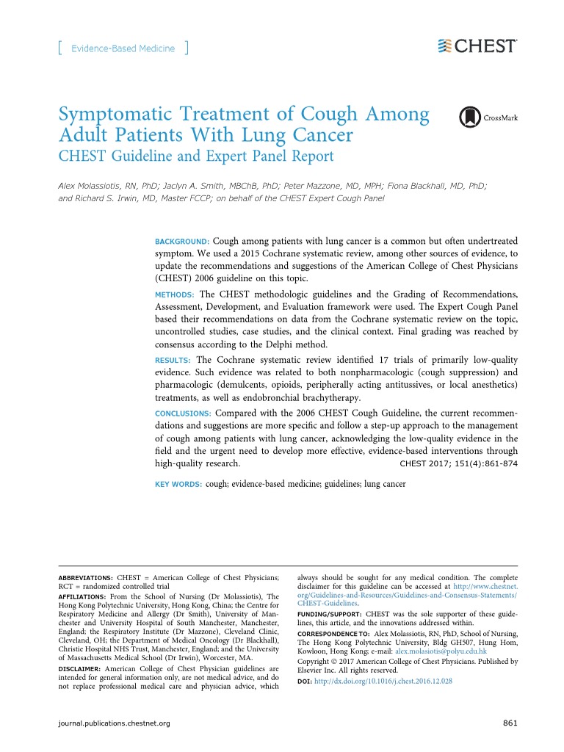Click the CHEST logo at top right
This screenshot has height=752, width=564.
pos(477,46)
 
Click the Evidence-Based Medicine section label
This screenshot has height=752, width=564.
pos(123,48)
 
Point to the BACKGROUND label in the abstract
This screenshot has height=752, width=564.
pos(182,242)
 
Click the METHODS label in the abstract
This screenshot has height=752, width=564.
pos(173,294)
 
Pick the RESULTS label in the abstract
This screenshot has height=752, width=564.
pos(173,361)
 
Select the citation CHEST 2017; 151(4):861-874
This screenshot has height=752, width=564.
pos(458,464)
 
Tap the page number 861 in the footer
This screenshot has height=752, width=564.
pos(510,723)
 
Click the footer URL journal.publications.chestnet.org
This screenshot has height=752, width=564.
pos(114,723)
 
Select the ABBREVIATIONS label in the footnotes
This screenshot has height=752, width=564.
pos(85,578)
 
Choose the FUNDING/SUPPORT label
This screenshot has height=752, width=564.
pos(329,612)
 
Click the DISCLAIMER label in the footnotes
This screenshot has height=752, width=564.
pos(79,670)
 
